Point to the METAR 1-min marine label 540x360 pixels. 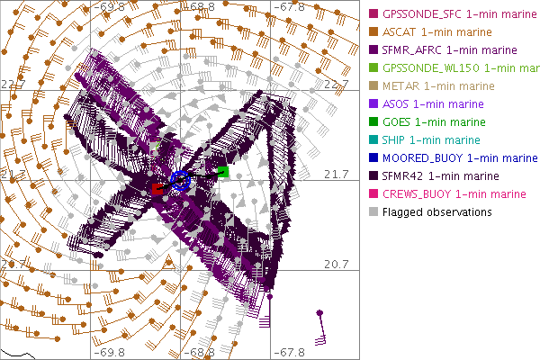428,86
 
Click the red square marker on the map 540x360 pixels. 158,188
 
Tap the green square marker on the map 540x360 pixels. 223,172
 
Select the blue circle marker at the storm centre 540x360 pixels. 180,181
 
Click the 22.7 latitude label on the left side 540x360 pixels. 13,84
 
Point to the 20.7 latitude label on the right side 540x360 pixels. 336,265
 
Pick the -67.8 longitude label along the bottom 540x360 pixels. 289,352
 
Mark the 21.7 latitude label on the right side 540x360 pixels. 336,174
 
